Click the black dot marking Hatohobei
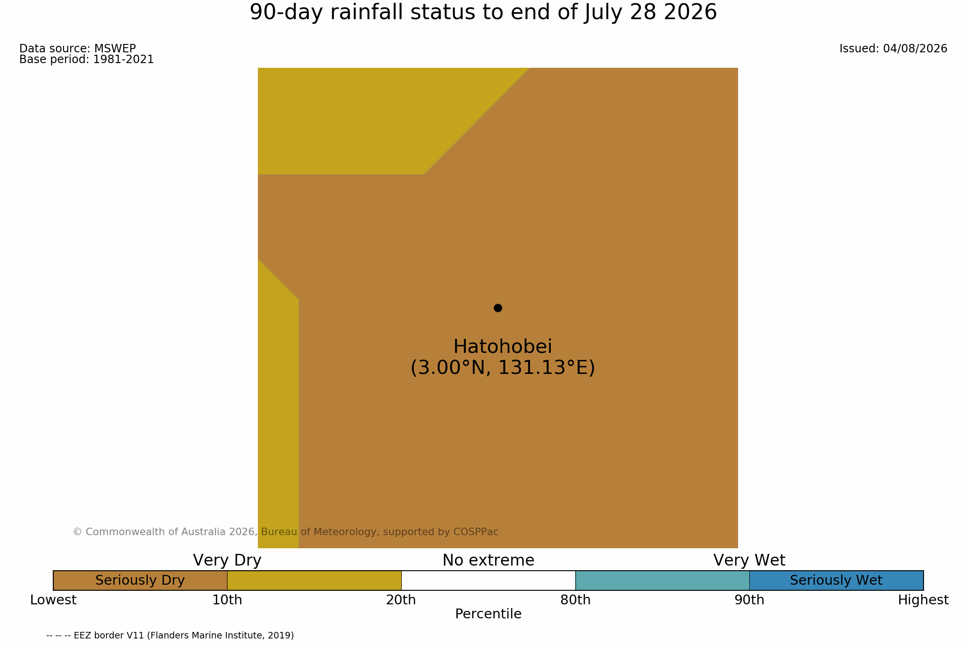click(x=498, y=308)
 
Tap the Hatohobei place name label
click(x=503, y=347)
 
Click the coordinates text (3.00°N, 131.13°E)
click(x=503, y=368)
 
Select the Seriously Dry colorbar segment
click(x=140, y=580)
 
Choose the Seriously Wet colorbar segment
click(x=836, y=580)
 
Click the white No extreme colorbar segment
click(x=488, y=580)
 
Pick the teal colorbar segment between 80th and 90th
click(x=662, y=580)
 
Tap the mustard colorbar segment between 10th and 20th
click(x=314, y=580)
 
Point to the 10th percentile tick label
click(x=227, y=600)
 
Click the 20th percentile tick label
click(x=401, y=600)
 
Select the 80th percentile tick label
click(x=576, y=600)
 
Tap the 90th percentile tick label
click(x=749, y=600)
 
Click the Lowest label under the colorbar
click(x=53, y=600)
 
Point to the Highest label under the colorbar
click(x=923, y=600)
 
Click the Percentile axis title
click(x=488, y=614)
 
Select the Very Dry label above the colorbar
click(x=227, y=560)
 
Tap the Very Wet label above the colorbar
click(x=749, y=560)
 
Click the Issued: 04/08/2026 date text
click(x=893, y=49)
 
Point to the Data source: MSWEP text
click(x=78, y=49)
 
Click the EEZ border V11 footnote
click(x=170, y=636)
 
